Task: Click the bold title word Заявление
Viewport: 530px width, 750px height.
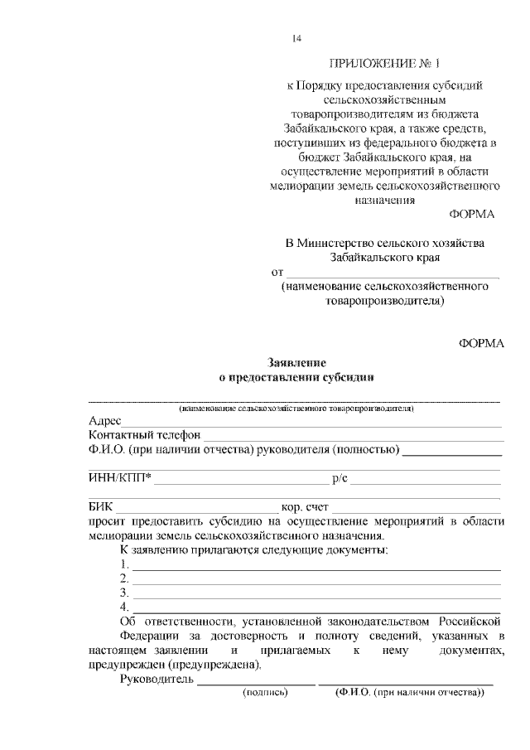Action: [296, 363]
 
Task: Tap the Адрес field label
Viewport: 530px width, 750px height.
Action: [105, 421]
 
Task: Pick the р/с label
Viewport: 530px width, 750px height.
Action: [339, 478]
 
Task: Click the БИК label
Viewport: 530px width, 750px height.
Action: [100, 506]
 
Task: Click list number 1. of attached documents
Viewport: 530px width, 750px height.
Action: [124, 565]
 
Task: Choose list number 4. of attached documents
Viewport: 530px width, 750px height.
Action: [124, 607]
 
